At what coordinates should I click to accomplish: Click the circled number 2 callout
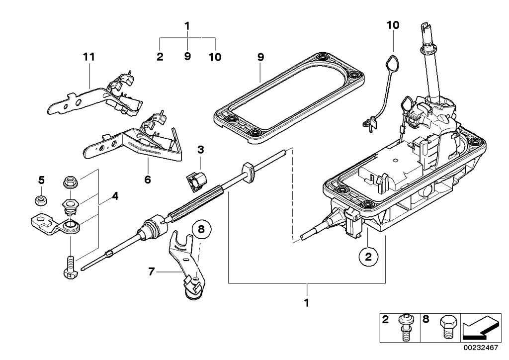click(x=368, y=257)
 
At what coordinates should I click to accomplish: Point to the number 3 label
click(x=200, y=149)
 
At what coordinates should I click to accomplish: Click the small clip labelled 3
click(x=193, y=181)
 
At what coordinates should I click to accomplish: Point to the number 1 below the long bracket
click(x=307, y=302)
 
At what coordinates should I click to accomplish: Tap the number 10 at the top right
click(x=393, y=25)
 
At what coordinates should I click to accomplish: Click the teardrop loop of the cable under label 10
click(x=393, y=64)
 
